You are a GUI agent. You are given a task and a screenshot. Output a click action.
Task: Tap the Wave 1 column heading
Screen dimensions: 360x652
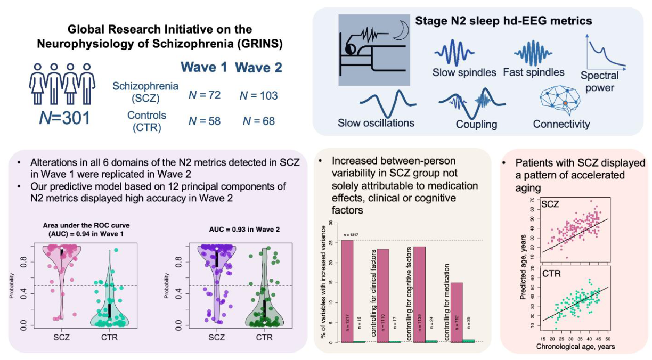[x=204, y=68]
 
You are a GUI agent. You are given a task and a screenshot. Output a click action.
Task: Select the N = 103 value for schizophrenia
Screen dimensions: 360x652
[x=258, y=96]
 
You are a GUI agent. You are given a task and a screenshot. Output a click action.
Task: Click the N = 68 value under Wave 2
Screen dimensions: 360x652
[x=258, y=121]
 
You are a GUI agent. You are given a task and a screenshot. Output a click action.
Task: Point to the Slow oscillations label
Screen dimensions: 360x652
[x=376, y=124]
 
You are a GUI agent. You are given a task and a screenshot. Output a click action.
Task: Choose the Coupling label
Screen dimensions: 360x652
[x=476, y=125]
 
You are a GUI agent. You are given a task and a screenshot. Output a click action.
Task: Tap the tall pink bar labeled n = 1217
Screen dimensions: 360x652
[x=347, y=291]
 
